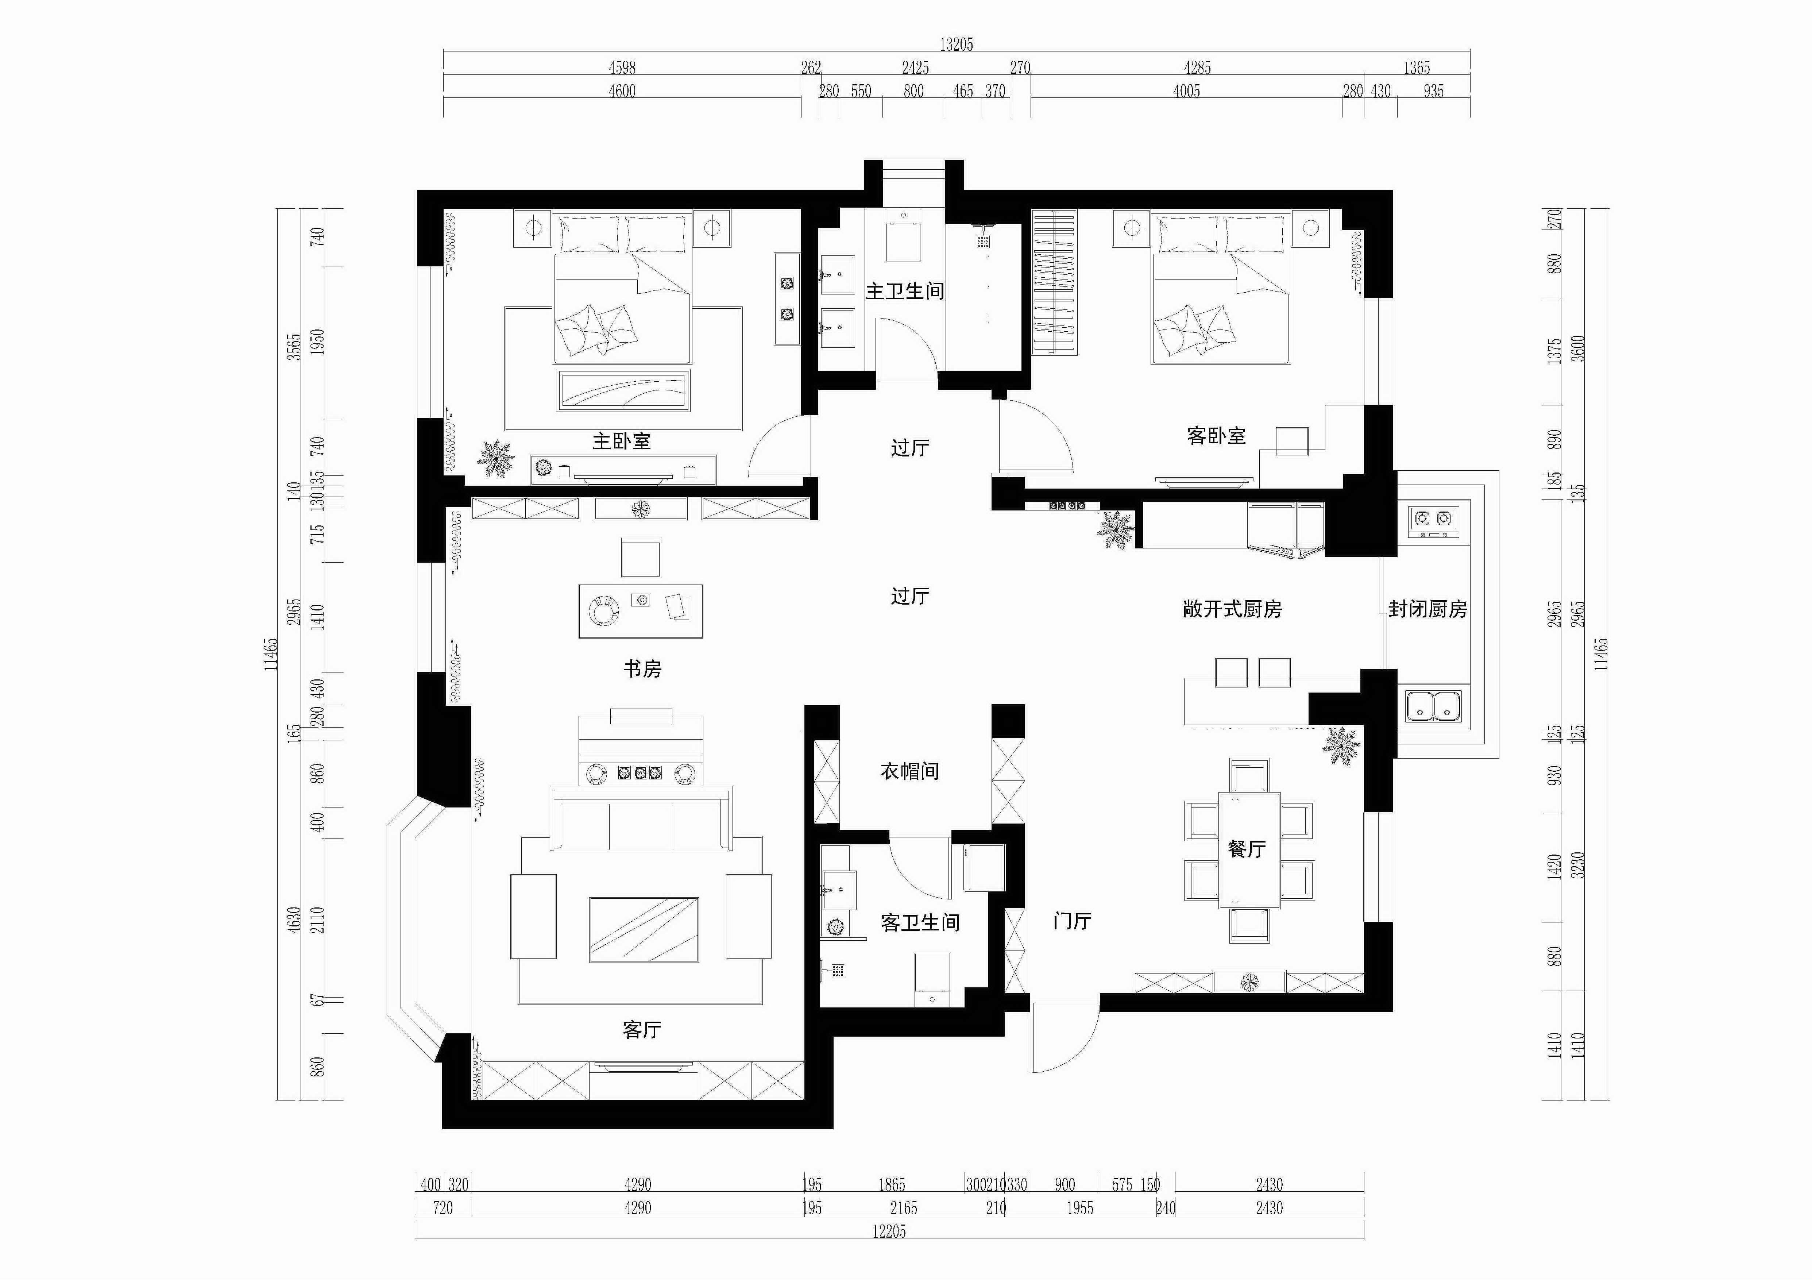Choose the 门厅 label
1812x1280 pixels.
click(x=1072, y=921)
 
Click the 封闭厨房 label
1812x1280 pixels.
click(x=1427, y=609)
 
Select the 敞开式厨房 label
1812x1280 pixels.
click(x=1232, y=609)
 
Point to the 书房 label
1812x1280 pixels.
click(x=642, y=669)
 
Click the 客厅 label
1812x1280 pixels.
click(x=642, y=1030)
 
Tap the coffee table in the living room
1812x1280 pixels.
click(x=643, y=930)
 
